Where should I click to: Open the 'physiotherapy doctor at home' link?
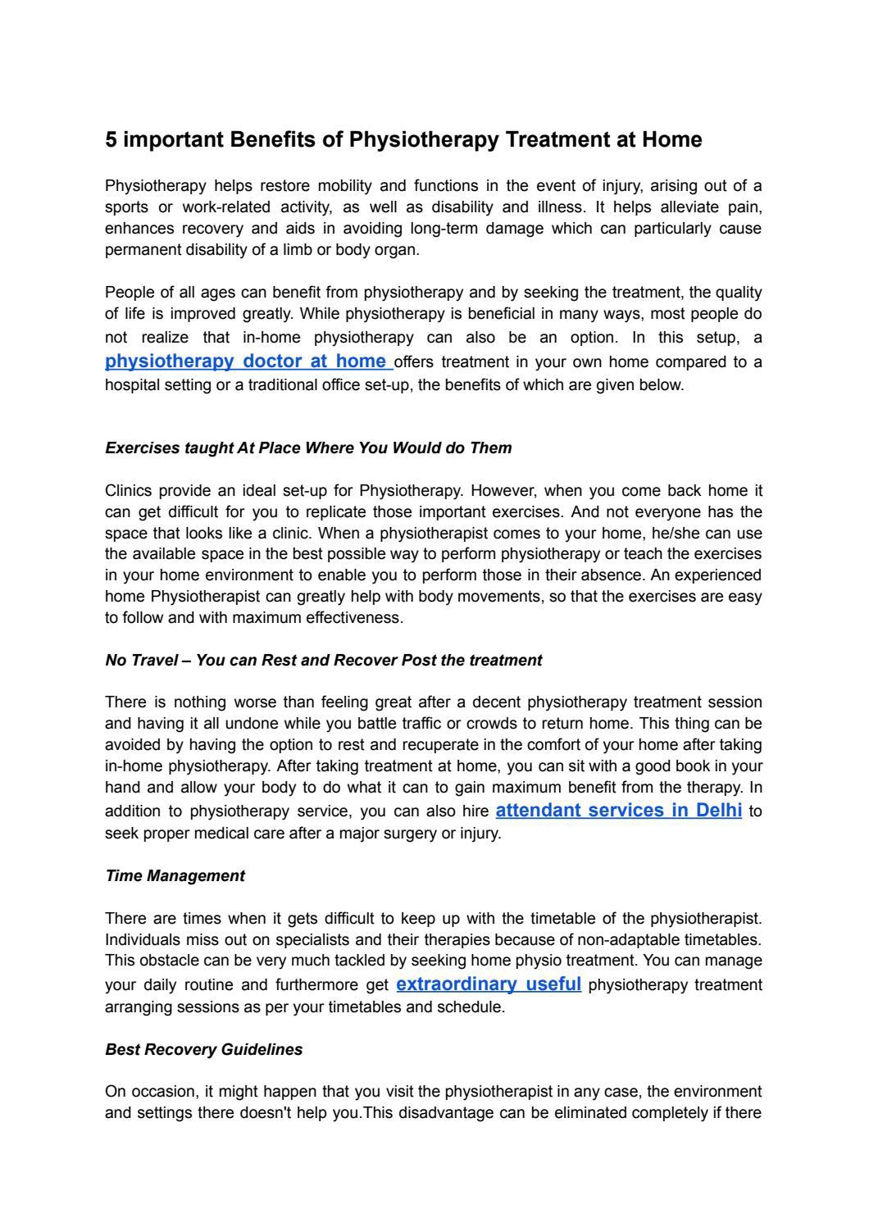(246, 361)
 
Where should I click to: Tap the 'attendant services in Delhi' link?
(619, 811)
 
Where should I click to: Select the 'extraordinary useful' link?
(489, 984)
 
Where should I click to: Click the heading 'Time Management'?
(175, 875)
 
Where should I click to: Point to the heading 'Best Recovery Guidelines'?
(203, 1049)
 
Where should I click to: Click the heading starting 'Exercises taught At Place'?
(308, 448)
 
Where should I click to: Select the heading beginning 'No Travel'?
(323, 660)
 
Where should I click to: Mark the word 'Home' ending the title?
(671, 140)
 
